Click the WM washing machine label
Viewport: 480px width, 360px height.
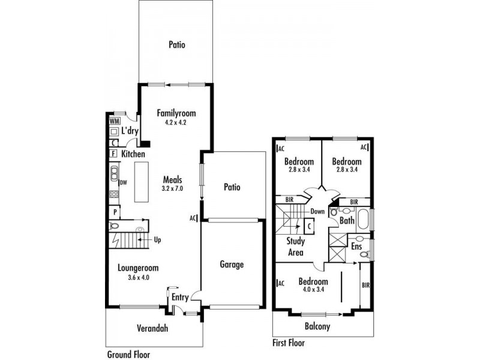click(x=115, y=121)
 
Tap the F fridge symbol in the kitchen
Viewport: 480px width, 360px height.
click(x=113, y=154)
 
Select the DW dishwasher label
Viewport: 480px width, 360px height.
click(x=123, y=183)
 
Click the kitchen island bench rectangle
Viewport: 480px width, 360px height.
click(x=142, y=182)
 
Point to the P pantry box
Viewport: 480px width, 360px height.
click(x=115, y=212)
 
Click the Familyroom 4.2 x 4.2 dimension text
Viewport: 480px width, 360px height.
click(x=176, y=122)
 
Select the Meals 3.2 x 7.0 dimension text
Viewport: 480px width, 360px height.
click(x=172, y=188)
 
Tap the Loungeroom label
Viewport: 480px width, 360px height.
click(x=138, y=268)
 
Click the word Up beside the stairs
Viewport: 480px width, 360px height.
click(x=157, y=240)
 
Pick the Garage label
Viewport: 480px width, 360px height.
click(x=232, y=265)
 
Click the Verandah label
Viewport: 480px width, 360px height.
click(x=152, y=328)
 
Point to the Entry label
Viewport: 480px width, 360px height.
click(x=180, y=297)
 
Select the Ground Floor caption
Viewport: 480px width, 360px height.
click(x=128, y=355)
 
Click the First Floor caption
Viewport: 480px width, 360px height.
click(x=289, y=343)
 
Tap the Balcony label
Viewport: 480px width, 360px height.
click(x=317, y=326)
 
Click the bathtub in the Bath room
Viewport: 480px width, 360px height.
click(x=364, y=219)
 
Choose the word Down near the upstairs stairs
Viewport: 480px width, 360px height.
click(x=317, y=211)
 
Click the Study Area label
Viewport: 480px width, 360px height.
click(x=295, y=247)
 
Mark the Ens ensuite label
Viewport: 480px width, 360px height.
click(x=356, y=247)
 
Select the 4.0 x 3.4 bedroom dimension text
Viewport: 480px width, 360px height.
click(x=313, y=289)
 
